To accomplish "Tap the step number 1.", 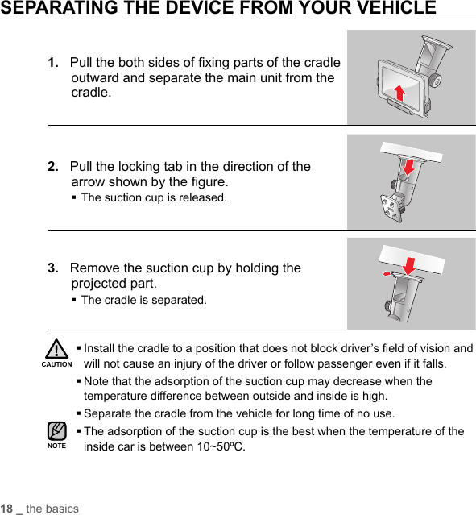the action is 53,62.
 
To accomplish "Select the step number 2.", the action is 53,167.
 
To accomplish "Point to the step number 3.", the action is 53,268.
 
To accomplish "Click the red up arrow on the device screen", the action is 399,93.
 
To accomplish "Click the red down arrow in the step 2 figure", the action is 409,167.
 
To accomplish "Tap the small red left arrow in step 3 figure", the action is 387,273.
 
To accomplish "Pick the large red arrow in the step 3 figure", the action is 409,266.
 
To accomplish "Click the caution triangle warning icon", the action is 57,349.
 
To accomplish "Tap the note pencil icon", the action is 57,431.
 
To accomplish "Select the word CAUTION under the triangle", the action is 57,364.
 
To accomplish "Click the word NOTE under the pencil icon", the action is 57,446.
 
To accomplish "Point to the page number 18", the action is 6,509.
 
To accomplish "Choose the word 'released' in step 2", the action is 203,197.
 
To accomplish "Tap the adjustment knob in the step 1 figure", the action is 435,80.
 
